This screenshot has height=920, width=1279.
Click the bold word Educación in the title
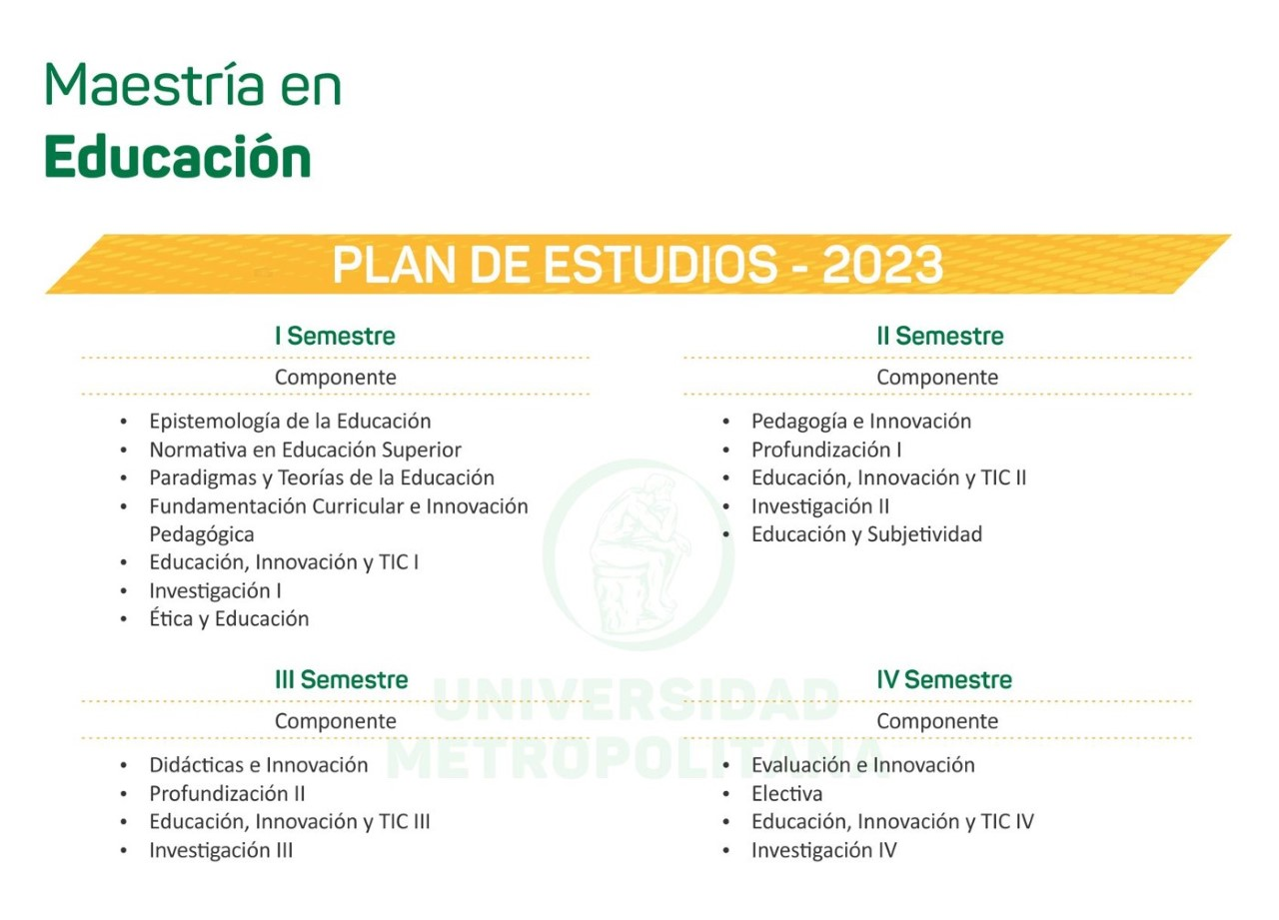click(x=178, y=156)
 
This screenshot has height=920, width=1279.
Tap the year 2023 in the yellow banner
click(x=882, y=265)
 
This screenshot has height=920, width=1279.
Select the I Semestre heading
click(x=335, y=336)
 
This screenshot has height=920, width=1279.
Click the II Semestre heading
click(x=940, y=336)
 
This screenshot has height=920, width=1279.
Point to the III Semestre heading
click(x=342, y=679)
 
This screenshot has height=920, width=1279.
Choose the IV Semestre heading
click(x=944, y=679)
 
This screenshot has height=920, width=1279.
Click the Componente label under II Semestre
click(x=937, y=378)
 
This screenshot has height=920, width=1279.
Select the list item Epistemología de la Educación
click(x=290, y=422)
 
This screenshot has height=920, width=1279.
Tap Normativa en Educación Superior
click(x=306, y=450)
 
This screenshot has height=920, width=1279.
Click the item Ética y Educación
click(x=229, y=618)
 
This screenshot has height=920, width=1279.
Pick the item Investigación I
click(x=215, y=590)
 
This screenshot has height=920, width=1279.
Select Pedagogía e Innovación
click(x=861, y=422)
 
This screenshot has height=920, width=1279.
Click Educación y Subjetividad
click(x=866, y=534)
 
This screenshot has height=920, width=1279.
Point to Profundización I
click(x=826, y=450)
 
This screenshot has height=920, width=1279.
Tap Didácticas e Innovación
click(x=259, y=765)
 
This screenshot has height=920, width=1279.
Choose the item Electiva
click(x=786, y=793)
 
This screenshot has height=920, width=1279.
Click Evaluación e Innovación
click(x=863, y=765)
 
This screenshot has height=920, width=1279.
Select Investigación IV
click(x=824, y=850)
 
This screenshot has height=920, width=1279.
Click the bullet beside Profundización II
click(x=124, y=794)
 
